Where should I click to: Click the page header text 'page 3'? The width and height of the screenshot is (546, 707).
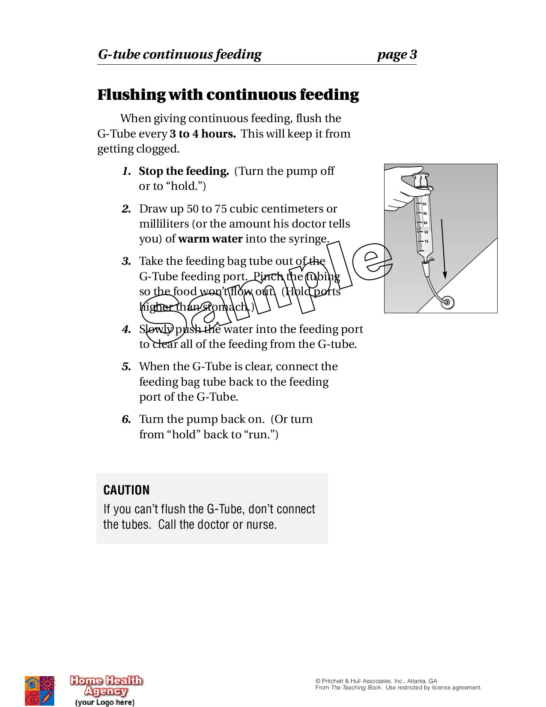pyautogui.click(x=397, y=55)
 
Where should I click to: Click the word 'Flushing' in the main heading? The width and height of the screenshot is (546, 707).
pyautogui.click(x=131, y=95)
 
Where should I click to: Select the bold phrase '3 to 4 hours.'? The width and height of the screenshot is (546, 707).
pyautogui.click(x=203, y=134)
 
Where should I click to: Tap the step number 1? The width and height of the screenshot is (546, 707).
pyautogui.click(x=126, y=171)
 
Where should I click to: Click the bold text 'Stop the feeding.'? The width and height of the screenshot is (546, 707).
pyautogui.click(x=184, y=171)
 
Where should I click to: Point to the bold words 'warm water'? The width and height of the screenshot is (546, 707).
pyautogui.click(x=210, y=239)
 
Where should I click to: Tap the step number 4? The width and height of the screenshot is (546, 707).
pyautogui.click(x=126, y=330)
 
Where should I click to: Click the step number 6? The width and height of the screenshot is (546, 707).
pyautogui.click(x=126, y=419)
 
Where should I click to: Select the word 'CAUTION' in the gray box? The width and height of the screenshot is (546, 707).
pyautogui.click(x=126, y=490)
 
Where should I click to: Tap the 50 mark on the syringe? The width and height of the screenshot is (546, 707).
pyautogui.click(x=424, y=204)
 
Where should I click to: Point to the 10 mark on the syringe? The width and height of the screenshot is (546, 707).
pyautogui.click(x=426, y=241)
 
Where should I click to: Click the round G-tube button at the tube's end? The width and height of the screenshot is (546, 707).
pyautogui.click(x=448, y=302)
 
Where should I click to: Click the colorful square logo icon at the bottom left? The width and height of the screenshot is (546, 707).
pyautogui.click(x=39, y=690)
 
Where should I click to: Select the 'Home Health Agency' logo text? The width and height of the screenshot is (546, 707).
pyautogui.click(x=106, y=686)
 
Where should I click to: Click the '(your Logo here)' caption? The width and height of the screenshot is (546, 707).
pyautogui.click(x=105, y=702)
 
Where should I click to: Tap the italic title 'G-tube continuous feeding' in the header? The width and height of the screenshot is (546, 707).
pyautogui.click(x=179, y=55)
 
